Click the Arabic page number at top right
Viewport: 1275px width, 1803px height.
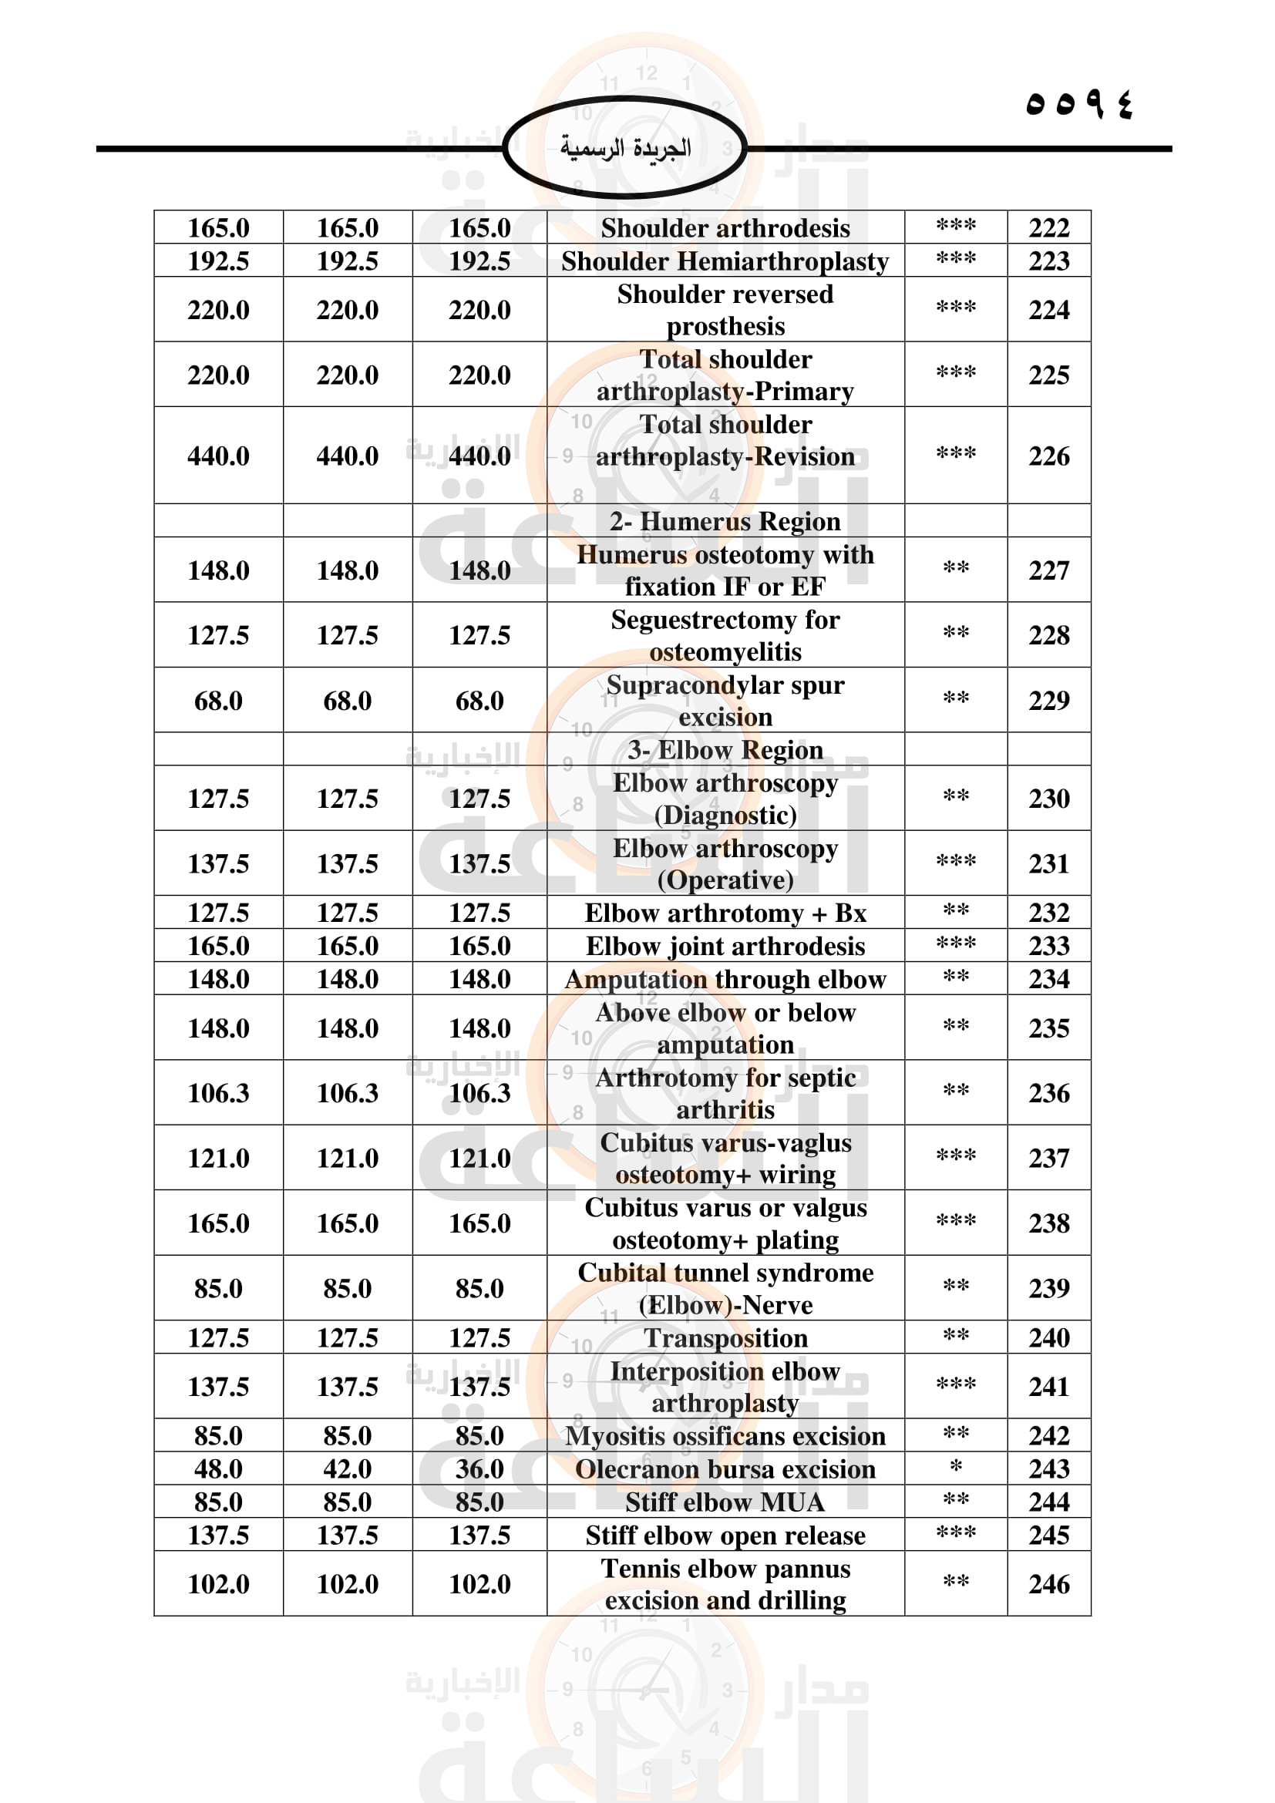pyautogui.click(x=1079, y=103)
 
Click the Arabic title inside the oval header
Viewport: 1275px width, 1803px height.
pyautogui.click(x=625, y=148)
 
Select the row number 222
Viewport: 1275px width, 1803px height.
pyautogui.click(x=1049, y=227)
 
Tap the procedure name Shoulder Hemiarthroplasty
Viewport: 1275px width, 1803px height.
pyautogui.click(x=725, y=261)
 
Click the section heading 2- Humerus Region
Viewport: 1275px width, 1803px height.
pyautogui.click(x=725, y=521)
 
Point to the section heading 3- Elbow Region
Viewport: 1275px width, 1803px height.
pyautogui.click(x=725, y=750)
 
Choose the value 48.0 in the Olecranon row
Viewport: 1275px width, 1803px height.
pyautogui.click(x=218, y=1468)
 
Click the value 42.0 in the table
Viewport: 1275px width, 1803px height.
pyautogui.click(x=347, y=1468)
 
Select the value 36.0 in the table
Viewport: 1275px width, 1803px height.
pyautogui.click(x=479, y=1468)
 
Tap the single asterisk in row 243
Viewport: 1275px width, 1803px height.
pyautogui.click(x=955, y=1467)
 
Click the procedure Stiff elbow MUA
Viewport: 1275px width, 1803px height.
pyautogui.click(x=725, y=1502)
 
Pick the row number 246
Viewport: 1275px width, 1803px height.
pyautogui.click(x=1049, y=1584)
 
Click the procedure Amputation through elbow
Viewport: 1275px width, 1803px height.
pyautogui.click(x=725, y=979)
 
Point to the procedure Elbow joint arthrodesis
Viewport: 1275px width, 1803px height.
pyautogui.click(x=725, y=947)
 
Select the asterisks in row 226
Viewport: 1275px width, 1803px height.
pyautogui.click(x=955, y=454)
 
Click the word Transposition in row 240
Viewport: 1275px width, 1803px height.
pyautogui.click(x=725, y=1337)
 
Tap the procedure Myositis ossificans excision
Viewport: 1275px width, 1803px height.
pyautogui.click(x=725, y=1435)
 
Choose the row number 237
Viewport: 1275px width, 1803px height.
pyautogui.click(x=1049, y=1159)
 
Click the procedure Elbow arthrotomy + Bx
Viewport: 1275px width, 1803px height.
pyautogui.click(x=725, y=913)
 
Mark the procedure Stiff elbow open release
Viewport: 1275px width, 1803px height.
pyautogui.click(x=725, y=1536)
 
